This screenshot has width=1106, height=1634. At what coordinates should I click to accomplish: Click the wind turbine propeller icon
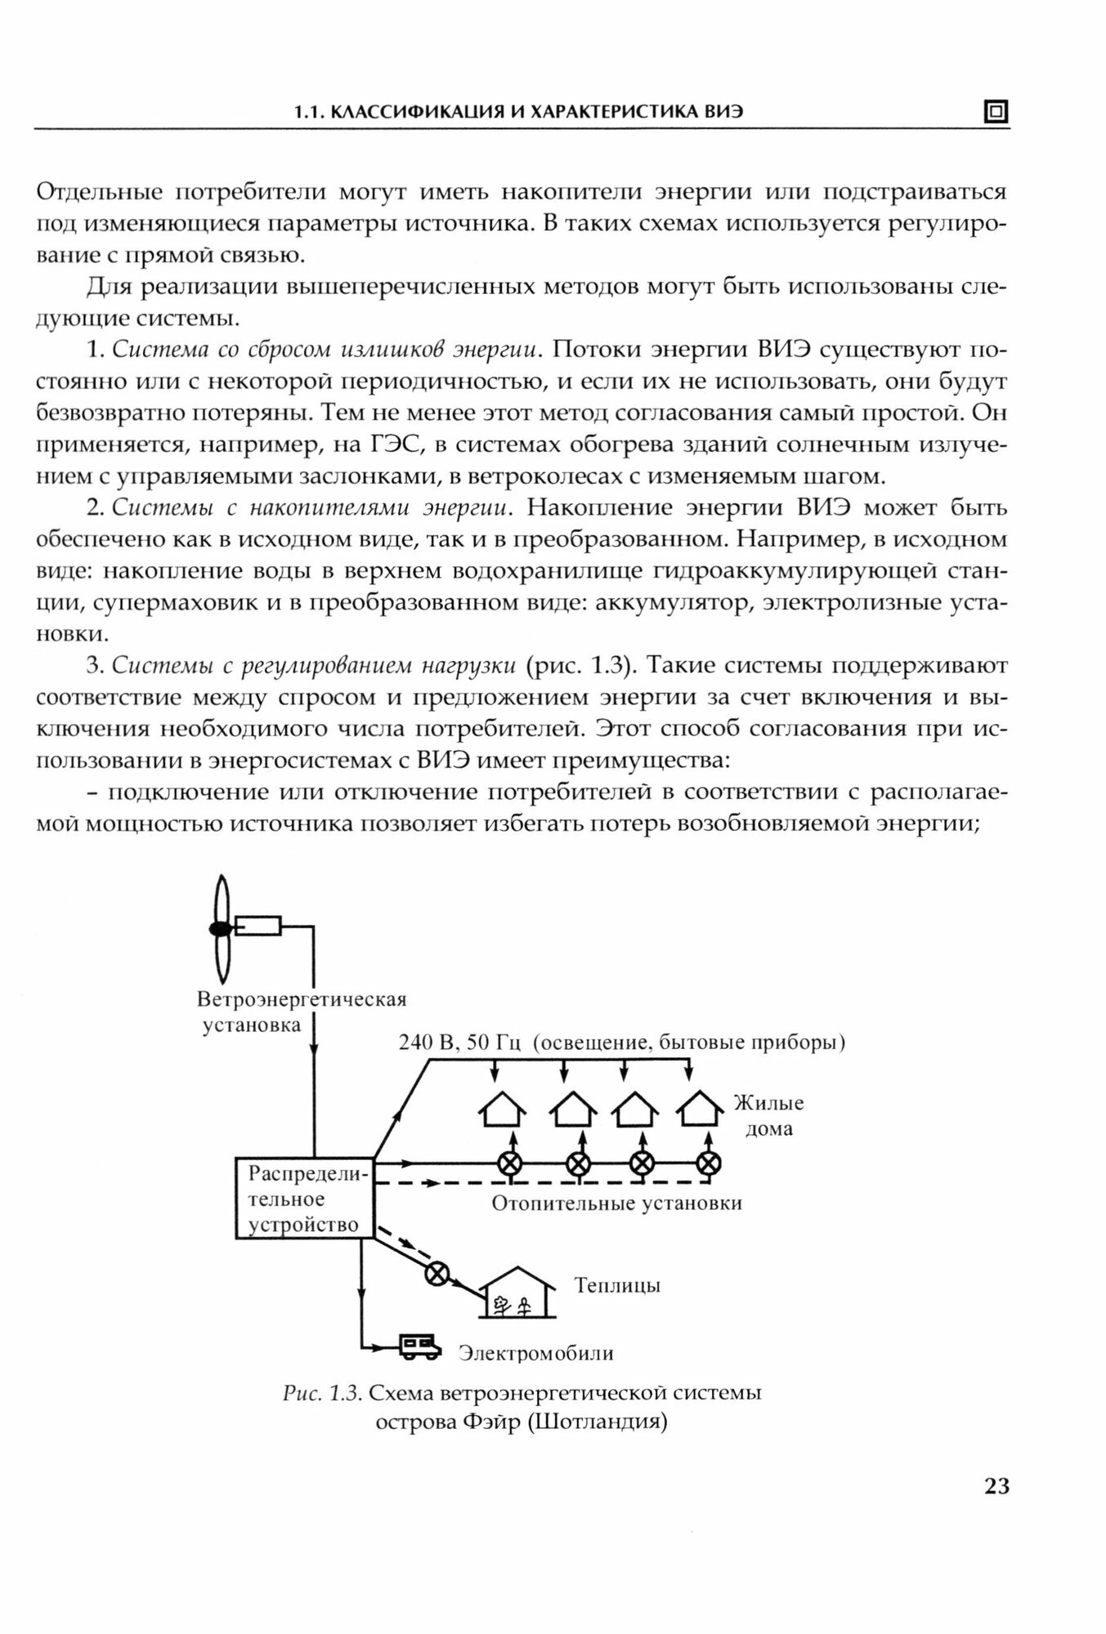click(x=220, y=929)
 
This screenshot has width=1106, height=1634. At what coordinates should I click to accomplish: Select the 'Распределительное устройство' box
click(x=304, y=1199)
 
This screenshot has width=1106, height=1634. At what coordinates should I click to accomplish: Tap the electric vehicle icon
click(x=419, y=1346)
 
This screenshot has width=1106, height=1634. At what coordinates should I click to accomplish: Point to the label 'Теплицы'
click(x=617, y=1285)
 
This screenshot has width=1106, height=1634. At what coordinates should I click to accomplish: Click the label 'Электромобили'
click(x=535, y=1353)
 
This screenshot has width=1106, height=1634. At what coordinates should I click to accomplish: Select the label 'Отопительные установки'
click(x=616, y=1203)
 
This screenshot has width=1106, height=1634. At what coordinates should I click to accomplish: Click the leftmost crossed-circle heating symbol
click(x=512, y=1163)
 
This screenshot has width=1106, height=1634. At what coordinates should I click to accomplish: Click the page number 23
click(x=996, y=1486)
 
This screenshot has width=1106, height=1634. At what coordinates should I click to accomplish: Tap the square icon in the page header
click(x=996, y=112)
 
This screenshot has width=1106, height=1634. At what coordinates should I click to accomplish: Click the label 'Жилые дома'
click(x=768, y=1115)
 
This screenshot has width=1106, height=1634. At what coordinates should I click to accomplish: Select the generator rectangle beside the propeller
click(x=257, y=926)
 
